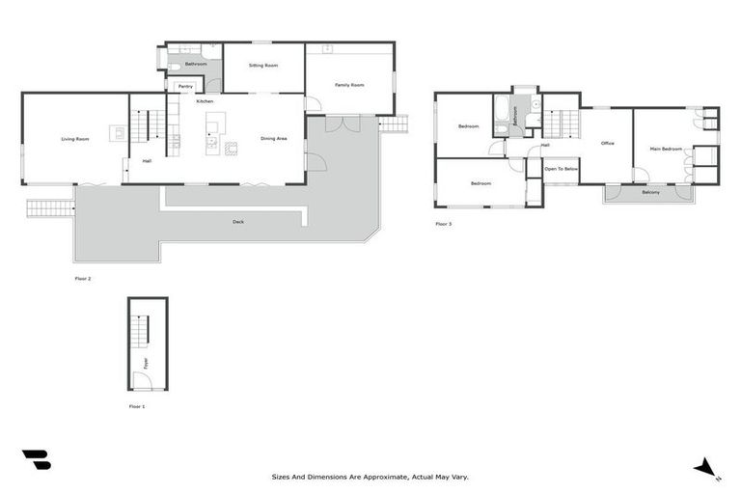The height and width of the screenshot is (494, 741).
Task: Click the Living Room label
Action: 75,140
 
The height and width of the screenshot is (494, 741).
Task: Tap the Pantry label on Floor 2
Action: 184,87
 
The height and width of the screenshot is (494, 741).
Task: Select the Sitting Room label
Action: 262,66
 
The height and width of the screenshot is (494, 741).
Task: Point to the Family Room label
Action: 349,85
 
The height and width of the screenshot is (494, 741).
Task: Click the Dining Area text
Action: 274,139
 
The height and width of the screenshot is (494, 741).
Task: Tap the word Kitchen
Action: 206,101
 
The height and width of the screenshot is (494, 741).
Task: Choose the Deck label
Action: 237,222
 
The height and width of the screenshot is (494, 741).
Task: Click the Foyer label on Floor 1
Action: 146,363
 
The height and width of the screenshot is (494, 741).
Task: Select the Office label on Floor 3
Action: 607,144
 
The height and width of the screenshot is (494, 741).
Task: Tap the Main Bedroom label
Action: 666,149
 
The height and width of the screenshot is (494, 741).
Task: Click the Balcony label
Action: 651,192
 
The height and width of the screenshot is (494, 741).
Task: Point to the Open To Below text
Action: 561,169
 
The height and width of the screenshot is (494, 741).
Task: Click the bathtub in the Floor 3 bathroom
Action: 502,115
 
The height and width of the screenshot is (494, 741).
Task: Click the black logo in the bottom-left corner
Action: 36,460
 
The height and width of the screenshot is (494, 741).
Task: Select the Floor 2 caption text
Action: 83,278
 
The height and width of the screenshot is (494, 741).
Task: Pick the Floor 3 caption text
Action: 443,224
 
